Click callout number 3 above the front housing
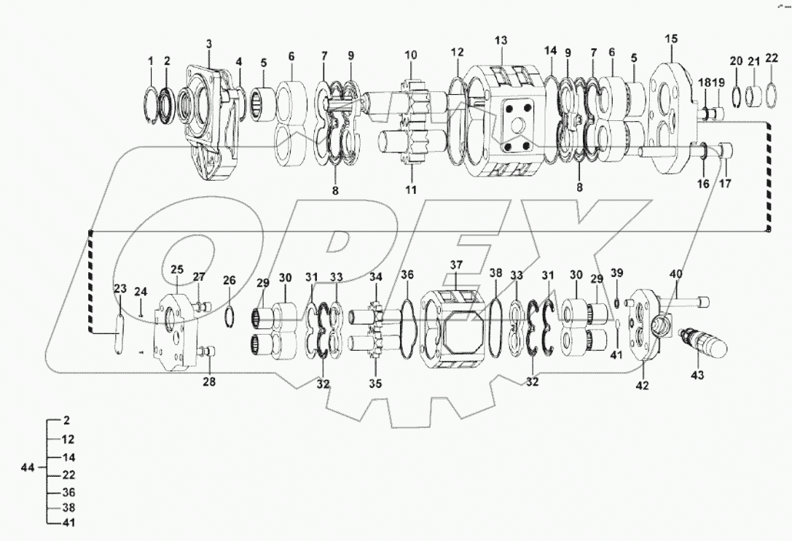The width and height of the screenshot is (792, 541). click(x=208, y=44)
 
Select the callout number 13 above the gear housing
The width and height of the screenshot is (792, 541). click(x=501, y=39)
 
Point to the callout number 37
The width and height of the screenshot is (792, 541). click(x=457, y=264)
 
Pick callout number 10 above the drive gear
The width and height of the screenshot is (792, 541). click(x=411, y=55)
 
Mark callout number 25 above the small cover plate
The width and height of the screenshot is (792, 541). click(x=177, y=270)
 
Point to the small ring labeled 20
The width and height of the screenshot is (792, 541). click(x=736, y=95)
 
